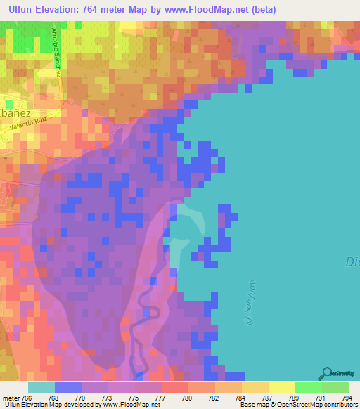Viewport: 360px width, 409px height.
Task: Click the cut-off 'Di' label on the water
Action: tap(353, 262)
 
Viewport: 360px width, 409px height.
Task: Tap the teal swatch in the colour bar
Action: tap(41, 387)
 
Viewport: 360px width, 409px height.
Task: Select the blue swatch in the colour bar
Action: tap(68, 387)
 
